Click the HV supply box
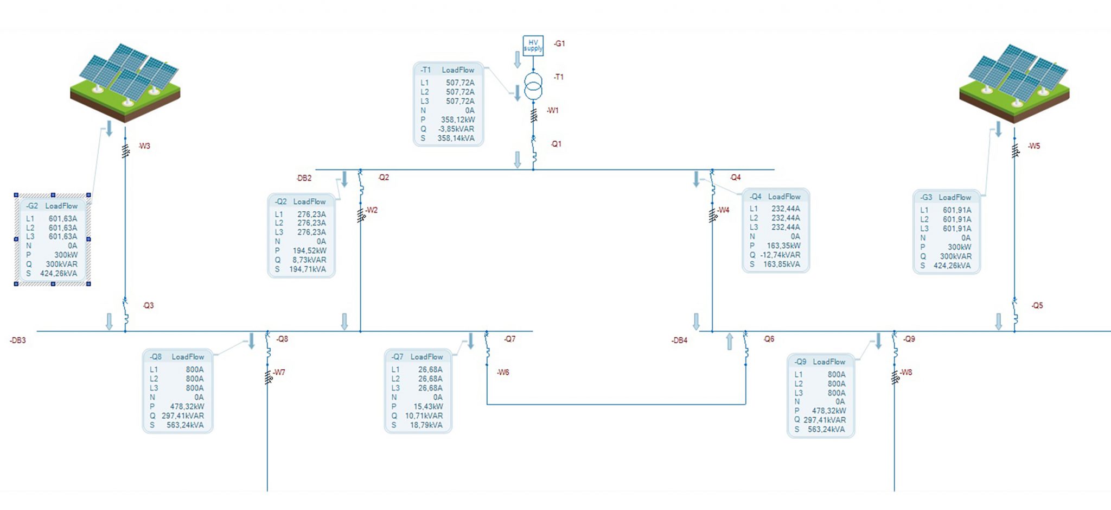click(x=533, y=45)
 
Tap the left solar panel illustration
click(x=125, y=83)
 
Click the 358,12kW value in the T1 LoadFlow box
click(x=457, y=119)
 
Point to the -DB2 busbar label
click(x=304, y=178)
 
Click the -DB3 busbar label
click(x=18, y=341)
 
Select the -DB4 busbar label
click(x=679, y=341)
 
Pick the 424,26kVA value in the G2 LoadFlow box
click(x=59, y=274)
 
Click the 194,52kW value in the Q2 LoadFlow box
click(x=310, y=251)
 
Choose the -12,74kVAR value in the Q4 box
click(x=780, y=255)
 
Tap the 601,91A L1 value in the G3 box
click(x=957, y=210)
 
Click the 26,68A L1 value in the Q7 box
click(x=430, y=370)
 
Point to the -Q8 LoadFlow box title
click(x=177, y=357)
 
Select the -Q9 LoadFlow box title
click(x=820, y=362)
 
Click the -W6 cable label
click(x=503, y=373)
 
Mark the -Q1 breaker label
click(x=556, y=144)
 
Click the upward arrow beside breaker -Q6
click(x=730, y=341)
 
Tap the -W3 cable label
click(x=144, y=146)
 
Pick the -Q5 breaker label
click(x=1037, y=306)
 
